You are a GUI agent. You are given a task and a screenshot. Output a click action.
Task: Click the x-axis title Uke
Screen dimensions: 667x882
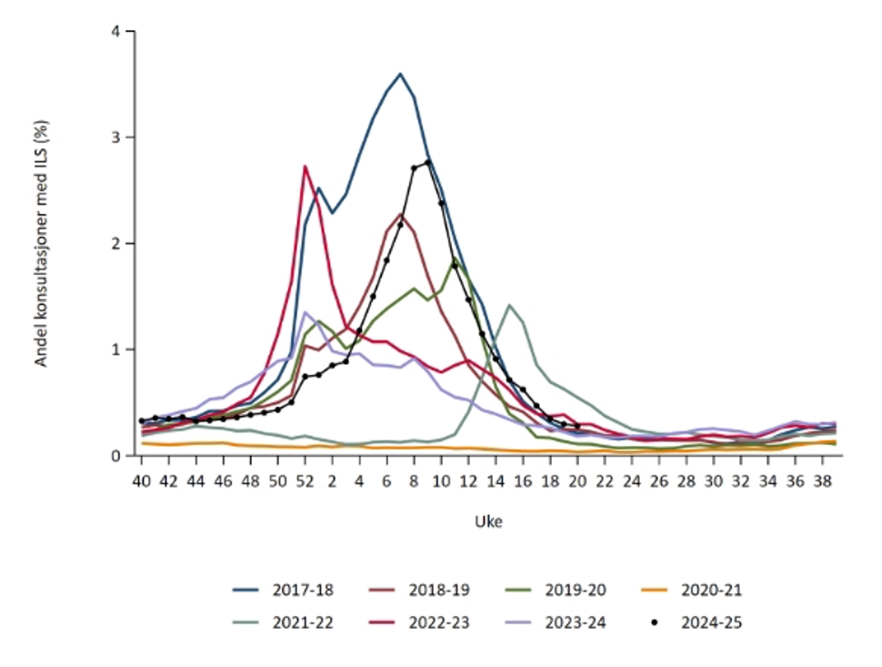coord(488,522)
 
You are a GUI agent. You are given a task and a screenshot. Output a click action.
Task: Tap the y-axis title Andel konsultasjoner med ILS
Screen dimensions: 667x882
coord(41,244)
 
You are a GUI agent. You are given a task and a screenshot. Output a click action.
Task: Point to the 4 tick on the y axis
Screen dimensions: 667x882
coord(115,32)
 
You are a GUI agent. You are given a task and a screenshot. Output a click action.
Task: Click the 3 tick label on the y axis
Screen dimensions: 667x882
coord(115,137)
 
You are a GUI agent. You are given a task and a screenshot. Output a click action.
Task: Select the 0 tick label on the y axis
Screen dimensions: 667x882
coord(115,455)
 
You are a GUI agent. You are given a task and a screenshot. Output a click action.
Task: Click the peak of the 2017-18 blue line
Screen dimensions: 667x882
coord(400,74)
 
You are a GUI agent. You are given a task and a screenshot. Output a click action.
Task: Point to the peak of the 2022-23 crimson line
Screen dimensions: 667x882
coord(305,167)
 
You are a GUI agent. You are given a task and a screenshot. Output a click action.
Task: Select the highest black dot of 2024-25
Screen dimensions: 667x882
coord(427,163)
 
